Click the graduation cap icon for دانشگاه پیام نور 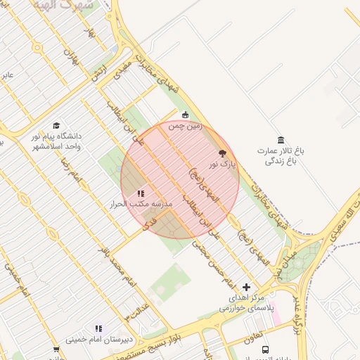coord(56,125)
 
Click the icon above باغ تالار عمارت coord(281,140)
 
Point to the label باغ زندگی coord(281,161)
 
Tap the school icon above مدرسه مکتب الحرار coord(141,193)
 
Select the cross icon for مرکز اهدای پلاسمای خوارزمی coord(246,287)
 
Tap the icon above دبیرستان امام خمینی coord(98,328)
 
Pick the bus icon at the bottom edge coord(265,349)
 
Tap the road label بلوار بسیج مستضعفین coord(169,338)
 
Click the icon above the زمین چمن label coord(186,115)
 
